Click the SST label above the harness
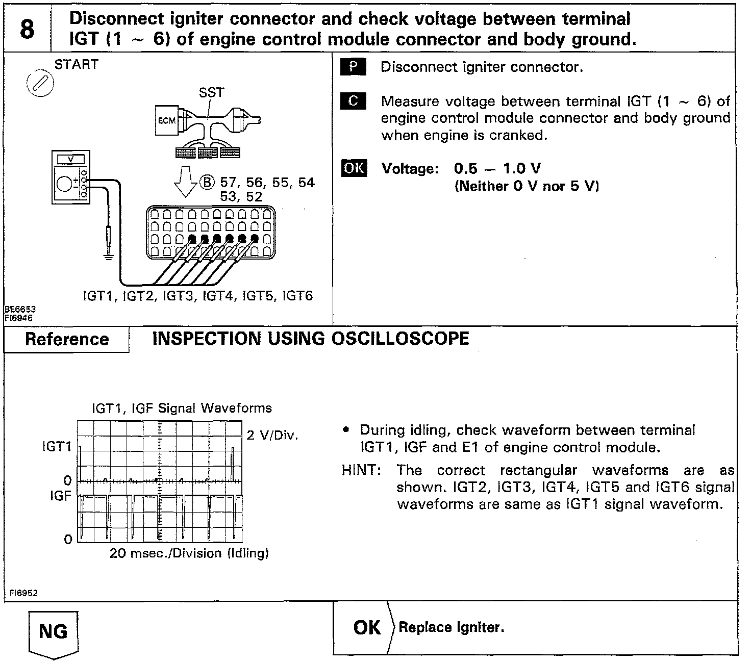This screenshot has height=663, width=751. pos(211,92)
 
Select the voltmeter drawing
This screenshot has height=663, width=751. pos(71,177)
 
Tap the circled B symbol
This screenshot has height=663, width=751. pos(207,183)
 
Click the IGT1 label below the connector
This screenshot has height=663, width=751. pos(100,296)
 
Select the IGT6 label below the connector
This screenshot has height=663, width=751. pos(297,296)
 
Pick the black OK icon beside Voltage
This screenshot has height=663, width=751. pos(354,168)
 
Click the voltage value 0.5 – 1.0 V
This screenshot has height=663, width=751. pos(497,169)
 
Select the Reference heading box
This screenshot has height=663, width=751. pos(67,340)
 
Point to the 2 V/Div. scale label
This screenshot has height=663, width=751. pos(272,436)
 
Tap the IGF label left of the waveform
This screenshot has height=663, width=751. pos(60,496)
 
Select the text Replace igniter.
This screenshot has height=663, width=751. pos(451,627)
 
